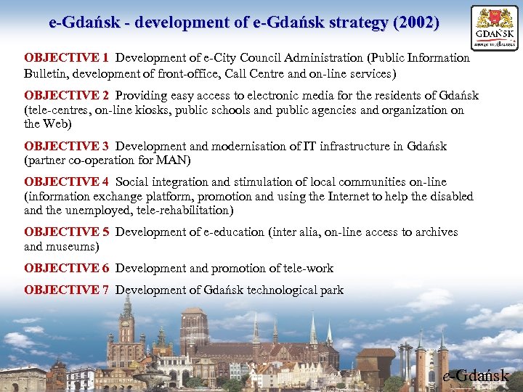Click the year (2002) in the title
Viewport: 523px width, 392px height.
click(x=415, y=23)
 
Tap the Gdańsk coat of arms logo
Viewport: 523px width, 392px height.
click(x=495, y=28)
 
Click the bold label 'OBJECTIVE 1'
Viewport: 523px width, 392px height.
click(x=66, y=58)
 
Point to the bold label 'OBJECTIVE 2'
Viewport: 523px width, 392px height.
click(x=66, y=96)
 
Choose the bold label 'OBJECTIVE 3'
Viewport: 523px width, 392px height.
click(x=66, y=147)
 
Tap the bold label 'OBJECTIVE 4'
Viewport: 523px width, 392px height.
click(x=66, y=182)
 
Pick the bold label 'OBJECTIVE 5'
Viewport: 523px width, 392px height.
click(x=66, y=232)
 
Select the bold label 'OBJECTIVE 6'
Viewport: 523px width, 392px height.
click(x=66, y=269)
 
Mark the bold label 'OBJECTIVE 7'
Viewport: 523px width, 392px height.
click(x=66, y=290)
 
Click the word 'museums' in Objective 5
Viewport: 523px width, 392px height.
click(x=73, y=247)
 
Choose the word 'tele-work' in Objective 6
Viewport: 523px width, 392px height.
click(x=308, y=269)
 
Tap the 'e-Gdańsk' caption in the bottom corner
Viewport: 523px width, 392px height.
click(x=477, y=376)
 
